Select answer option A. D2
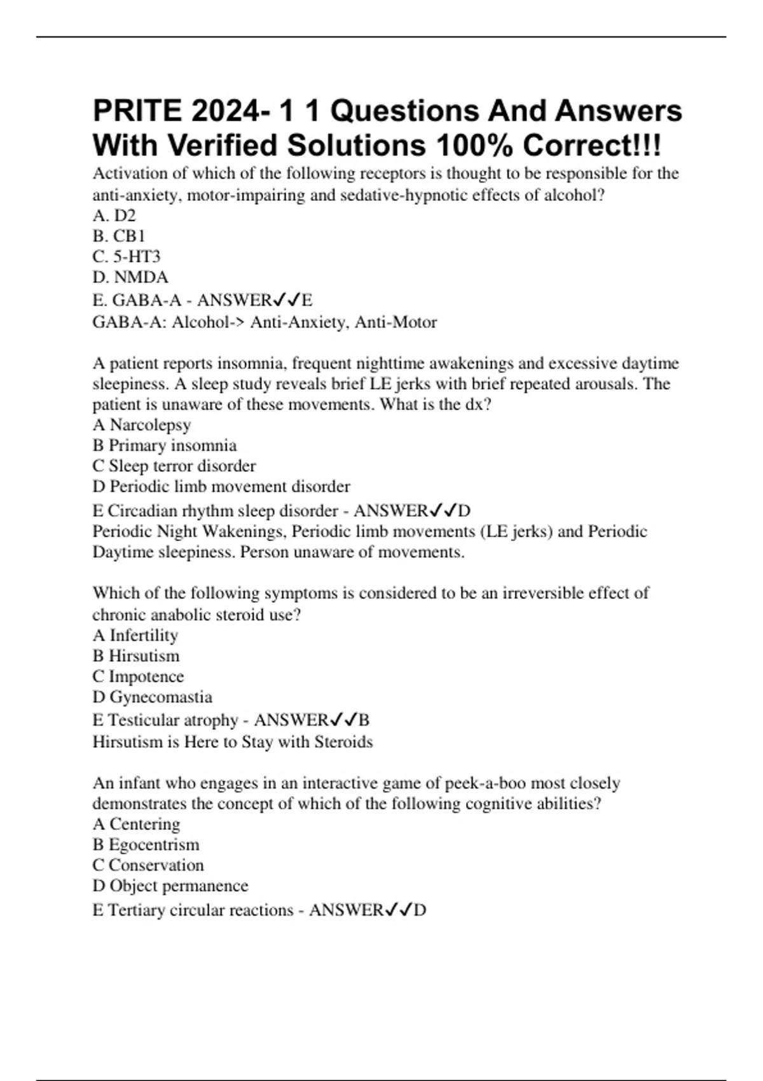(114, 216)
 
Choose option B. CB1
(119, 236)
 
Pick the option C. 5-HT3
(127, 257)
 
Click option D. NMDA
(130, 277)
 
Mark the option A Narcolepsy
(142, 425)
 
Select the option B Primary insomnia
(165, 445)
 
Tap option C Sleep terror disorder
(174, 466)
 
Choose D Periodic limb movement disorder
(221, 486)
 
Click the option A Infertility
(135, 635)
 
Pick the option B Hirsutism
(136, 656)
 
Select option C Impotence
(138, 677)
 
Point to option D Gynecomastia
(153, 697)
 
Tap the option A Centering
(136, 824)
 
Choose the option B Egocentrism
(146, 844)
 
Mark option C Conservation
(148, 865)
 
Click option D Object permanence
(170, 886)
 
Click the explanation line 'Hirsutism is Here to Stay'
(233, 742)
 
